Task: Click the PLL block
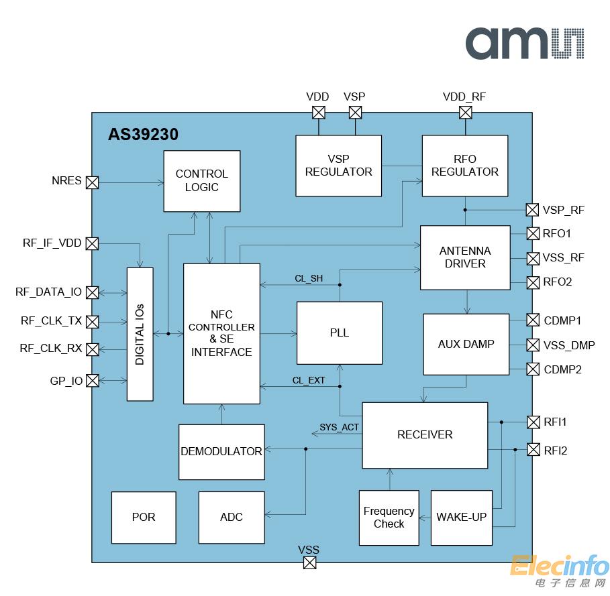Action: [x=340, y=333]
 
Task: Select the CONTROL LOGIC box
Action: [x=201, y=181]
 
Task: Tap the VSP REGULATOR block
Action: [x=338, y=166]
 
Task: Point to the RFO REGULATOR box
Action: [x=464, y=166]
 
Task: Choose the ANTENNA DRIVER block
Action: [x=464, y=257]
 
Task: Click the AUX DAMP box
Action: [x=466, y=344]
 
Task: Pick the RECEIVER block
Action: [x=425, y=435]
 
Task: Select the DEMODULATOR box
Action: [x=221, y=451]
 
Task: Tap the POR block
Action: [x=144, y=518]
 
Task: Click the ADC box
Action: [x=232, y=518]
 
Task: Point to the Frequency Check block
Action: [x=389, y=518]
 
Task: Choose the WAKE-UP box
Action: [x=461, y=518]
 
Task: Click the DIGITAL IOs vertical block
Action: [x=140, y=334]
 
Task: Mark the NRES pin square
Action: [x=92, y=182]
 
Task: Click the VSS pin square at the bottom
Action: [x=309, y=563]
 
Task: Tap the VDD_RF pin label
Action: [x=464, y=97]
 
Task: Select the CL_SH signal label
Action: [x=309, y=278]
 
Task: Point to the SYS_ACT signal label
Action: [x=339, y=427]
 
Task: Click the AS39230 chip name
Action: [x=144, y=134]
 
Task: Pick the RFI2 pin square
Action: [x=533, y=450]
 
